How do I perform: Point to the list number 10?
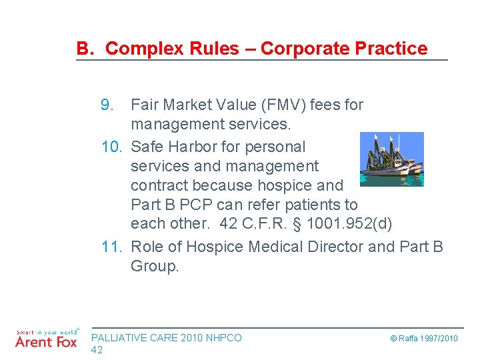pos(113,147)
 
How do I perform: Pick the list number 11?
pos(113,247)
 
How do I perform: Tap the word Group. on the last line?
pos(155,267)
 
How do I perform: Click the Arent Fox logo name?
pos(45,343)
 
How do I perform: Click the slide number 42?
pos(97,350)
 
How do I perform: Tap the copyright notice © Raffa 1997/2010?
pos(424,339)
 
